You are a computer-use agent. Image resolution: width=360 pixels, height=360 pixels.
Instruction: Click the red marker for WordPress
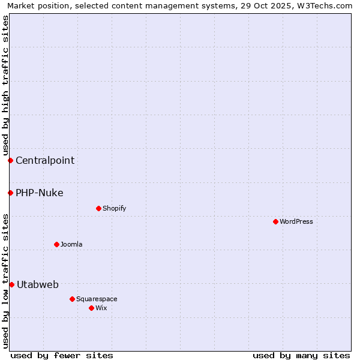tap(275, 221)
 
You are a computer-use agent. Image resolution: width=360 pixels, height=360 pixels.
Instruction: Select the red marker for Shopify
tap(98, 208)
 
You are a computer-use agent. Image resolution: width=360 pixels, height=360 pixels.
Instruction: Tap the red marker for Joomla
tap(56, 244)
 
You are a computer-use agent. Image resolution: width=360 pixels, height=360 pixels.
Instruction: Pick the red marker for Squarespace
tap(72, 299)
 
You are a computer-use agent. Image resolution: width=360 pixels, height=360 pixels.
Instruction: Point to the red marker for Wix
tap(91, 308)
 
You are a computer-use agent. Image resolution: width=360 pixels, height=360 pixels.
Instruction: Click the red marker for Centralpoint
tap(10, 160)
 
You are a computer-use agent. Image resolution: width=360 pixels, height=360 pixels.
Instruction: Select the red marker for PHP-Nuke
tap(10, 193)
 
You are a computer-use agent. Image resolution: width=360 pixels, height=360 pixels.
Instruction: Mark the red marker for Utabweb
tap(11, 284)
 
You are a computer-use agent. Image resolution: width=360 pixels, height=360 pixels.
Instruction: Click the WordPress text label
tap(296, 221)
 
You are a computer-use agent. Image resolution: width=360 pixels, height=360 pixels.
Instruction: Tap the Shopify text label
tap(114, 208)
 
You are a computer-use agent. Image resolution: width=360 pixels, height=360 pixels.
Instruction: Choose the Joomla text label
tap(71, 244)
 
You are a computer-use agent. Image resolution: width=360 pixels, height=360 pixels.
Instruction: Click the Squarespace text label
tap(97, 299)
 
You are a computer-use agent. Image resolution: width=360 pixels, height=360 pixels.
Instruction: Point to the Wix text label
tap(101, 308)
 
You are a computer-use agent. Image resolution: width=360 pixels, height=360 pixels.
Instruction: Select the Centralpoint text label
tap(45, 160)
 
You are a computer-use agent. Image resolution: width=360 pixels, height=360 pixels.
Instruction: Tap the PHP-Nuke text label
tap(40, 193)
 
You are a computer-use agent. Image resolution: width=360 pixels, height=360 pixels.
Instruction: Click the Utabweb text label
tap(38, 284)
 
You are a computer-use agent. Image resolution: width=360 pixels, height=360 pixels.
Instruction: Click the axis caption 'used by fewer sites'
tap(62, 355)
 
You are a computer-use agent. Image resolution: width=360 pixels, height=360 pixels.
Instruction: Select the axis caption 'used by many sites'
tap(301, 355)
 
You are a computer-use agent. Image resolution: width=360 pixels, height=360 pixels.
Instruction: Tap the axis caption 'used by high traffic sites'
tap(5, 86)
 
